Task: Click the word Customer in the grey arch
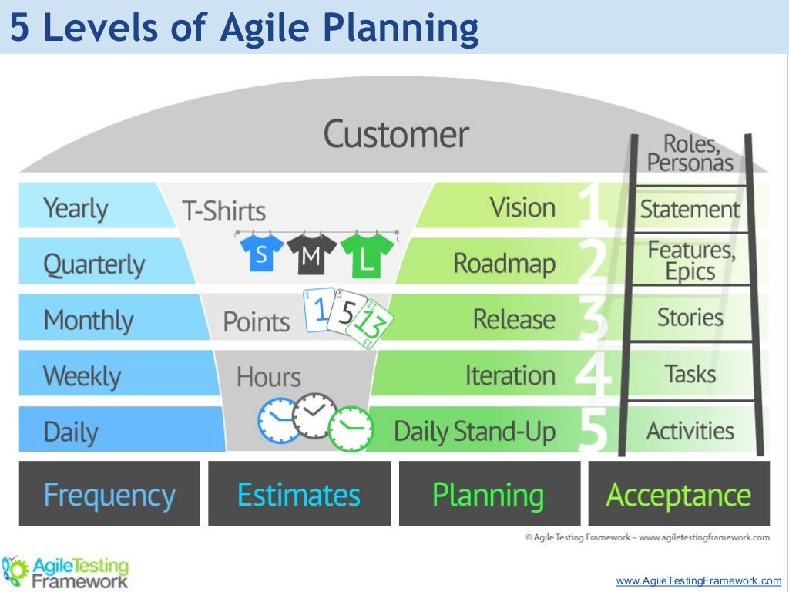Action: (395, 135)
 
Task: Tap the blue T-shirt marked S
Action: (261, 254)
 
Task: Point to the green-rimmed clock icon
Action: (349, 428)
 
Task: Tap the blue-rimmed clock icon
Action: (277, 420)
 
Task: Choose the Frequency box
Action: (109, 494)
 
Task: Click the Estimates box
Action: (299, 494)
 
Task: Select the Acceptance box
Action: (679, 494)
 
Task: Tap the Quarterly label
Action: (94, 264)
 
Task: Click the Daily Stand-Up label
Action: (475, 432)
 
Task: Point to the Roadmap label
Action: (504, 264)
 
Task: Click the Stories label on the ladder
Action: (690, 317)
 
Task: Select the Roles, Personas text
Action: (690, 153)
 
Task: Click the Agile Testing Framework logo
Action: (65, 571)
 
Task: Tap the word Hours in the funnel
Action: (268, 377)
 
